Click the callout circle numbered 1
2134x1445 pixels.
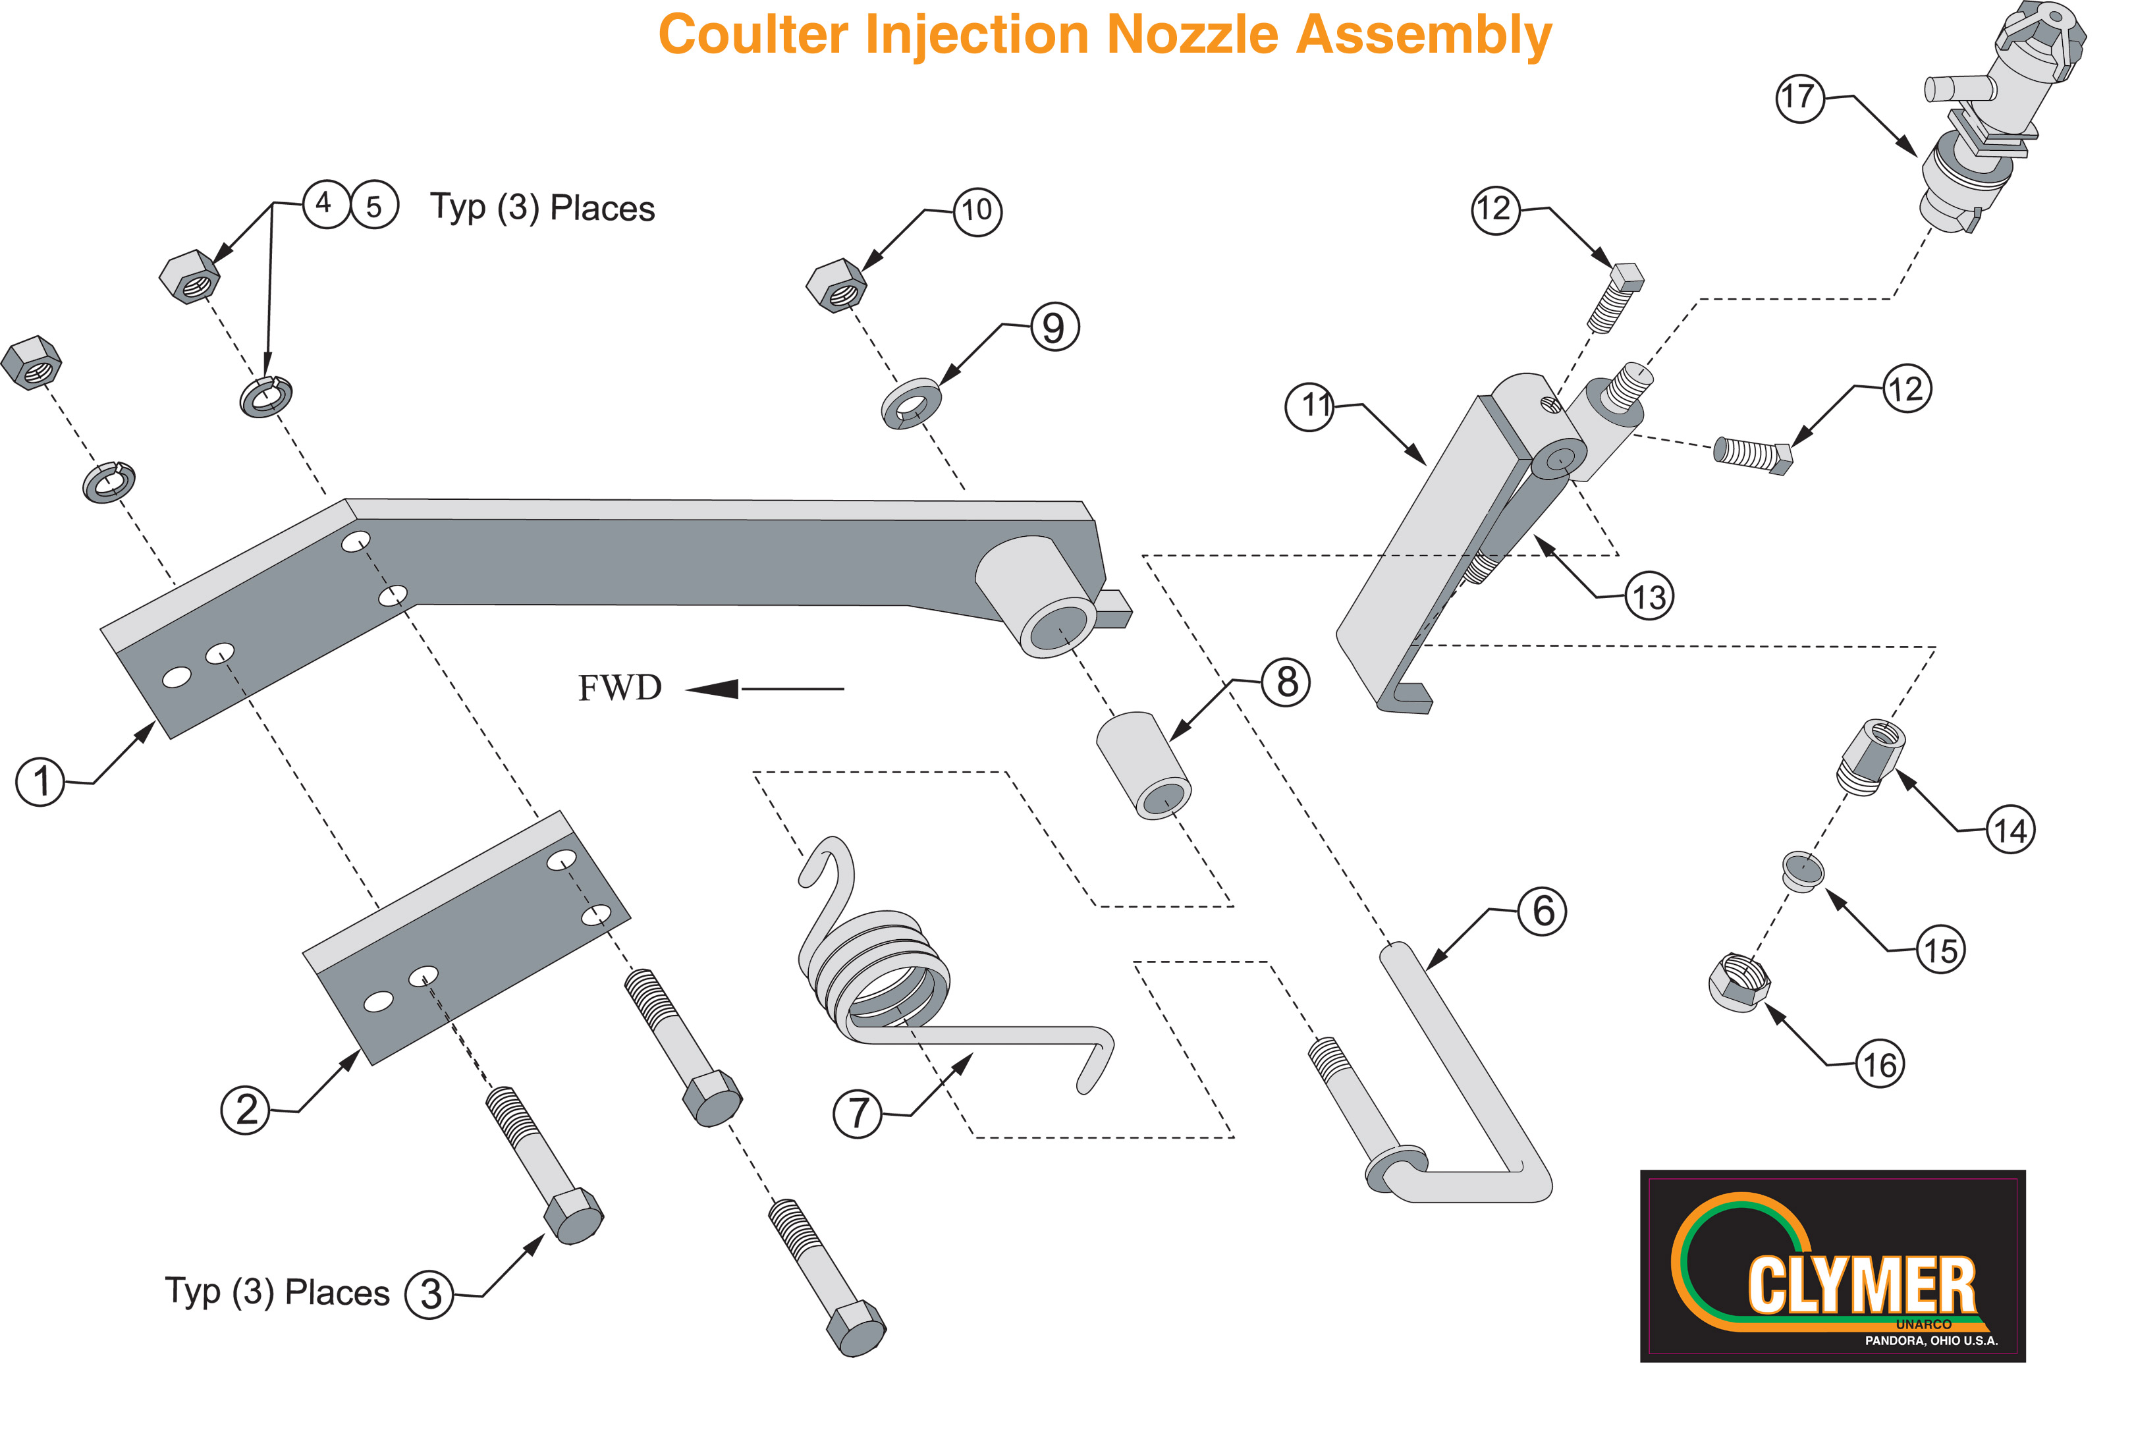point(40,782)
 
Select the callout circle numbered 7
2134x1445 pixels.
point(857,1114)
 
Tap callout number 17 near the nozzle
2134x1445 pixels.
point(1799,96)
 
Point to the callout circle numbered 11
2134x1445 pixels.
point(1310,406)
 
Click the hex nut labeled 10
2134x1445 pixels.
point(836,286)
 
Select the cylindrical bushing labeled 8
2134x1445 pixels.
point(1144,764)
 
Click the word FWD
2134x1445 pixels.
point(620,688)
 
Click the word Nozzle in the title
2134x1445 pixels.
point(1193,35)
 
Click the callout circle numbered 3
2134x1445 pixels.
point(429,1294)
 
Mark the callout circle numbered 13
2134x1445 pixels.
point(1649,597)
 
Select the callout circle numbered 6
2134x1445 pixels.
point(1543,911)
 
